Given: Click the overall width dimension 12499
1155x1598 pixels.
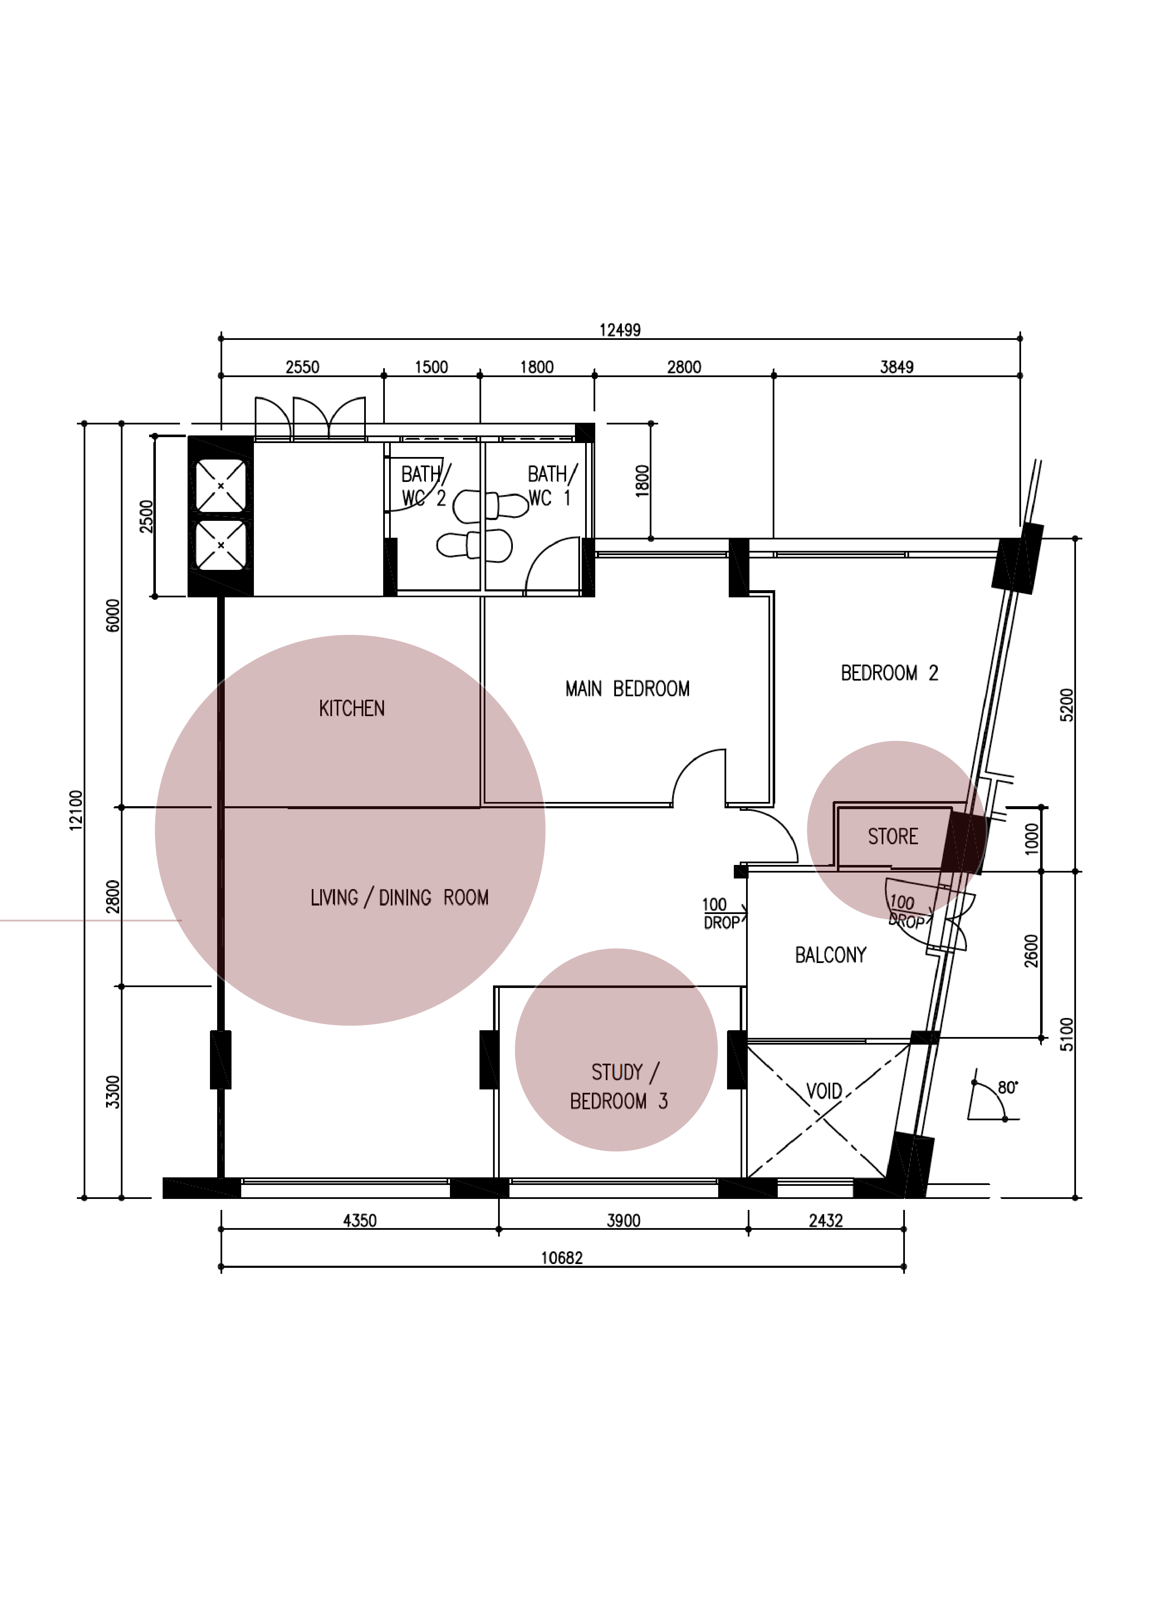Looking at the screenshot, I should pyautogui.click(x=620, y=330).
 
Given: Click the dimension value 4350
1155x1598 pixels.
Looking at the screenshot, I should pyautogui.click(x=359, y=1220).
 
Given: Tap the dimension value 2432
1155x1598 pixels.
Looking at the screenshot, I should pyautogui.click(x=825, y=1220).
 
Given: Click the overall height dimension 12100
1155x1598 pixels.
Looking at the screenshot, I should pyautogui.click(x=76, y=810).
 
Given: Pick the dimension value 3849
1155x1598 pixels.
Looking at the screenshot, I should pyautogui.click(x=896, y=367).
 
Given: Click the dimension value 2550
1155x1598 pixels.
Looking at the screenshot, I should pyautogui.click(x=302, y=367).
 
